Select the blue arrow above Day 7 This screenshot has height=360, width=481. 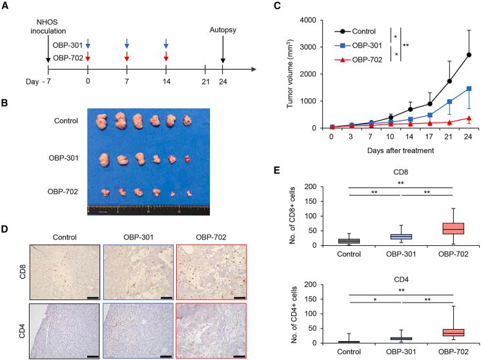(127, 43)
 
